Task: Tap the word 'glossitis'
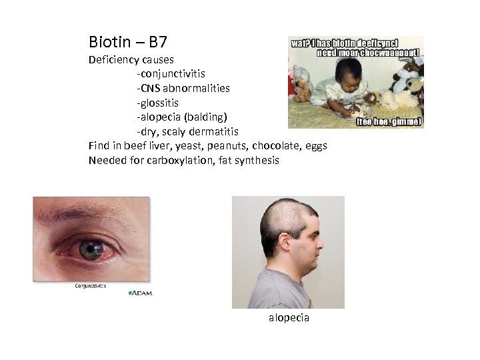pos(159,103)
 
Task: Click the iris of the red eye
pos(89,249)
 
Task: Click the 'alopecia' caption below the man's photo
pos(289,318)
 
